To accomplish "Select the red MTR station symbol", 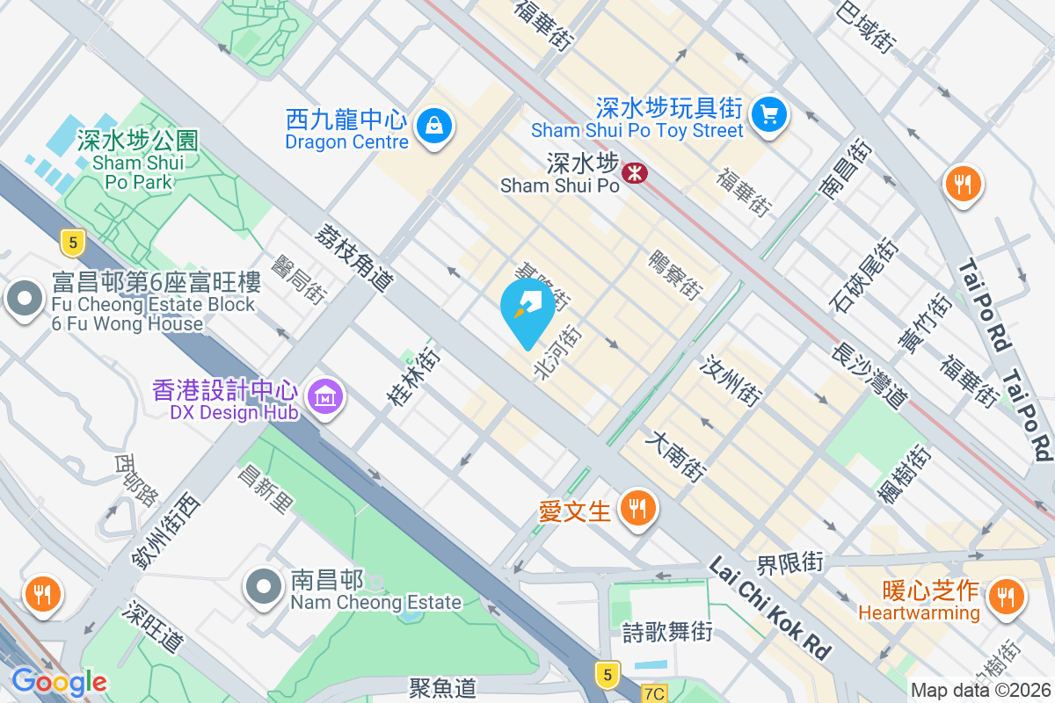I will coord(634,173).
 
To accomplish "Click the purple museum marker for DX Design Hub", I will coord(326,399).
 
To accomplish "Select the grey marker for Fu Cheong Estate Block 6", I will coord(25,299).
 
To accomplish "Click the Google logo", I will coord(59,681).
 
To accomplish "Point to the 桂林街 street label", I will coord(413,376).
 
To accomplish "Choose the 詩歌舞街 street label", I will coord(667,631).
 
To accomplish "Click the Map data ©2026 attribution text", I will coord(980,690).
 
